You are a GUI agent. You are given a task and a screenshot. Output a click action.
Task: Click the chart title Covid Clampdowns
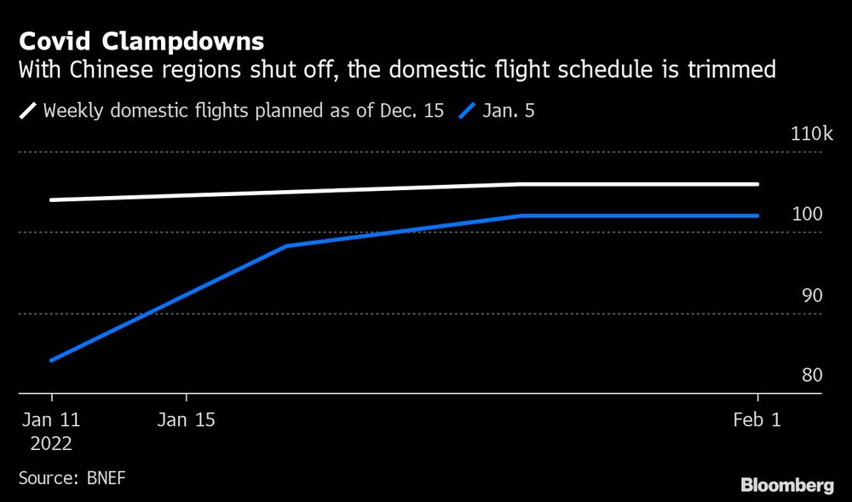click(141, 42)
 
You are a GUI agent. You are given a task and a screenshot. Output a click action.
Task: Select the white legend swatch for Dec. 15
click(27, 111)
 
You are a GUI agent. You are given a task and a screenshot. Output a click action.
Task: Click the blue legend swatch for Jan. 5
click(467, 111)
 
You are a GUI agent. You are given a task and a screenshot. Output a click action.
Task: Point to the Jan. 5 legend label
click(509, 111)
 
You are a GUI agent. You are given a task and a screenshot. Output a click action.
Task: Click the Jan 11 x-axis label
click(51, 420)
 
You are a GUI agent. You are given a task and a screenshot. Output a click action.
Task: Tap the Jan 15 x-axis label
click(187, 420)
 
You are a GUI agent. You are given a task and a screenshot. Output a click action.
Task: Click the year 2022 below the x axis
click(51, 444)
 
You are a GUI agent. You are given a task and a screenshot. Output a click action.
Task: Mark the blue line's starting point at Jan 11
click(52, 360)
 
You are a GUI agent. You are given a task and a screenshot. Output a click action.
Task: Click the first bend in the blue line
click(287, 245)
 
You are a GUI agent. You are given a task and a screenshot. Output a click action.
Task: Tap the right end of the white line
click(757, 183)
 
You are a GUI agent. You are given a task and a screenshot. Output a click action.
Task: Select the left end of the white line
click(52, 199)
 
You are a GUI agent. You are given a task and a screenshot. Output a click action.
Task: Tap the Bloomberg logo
click(787, 486)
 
